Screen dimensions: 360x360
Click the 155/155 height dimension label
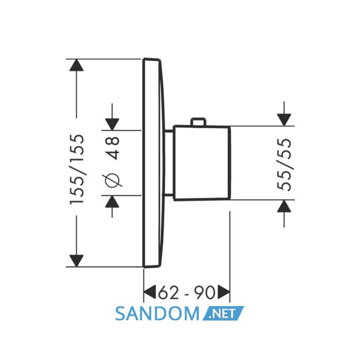(77, 170)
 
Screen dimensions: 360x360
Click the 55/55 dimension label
(284, 165)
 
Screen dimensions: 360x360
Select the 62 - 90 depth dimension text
(187, 292)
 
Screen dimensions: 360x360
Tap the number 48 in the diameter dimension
(113, 148)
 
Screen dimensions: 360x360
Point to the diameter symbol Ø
(113, 180)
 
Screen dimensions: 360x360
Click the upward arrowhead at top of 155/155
(76, 65)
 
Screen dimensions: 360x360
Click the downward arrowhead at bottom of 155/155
(76, 261)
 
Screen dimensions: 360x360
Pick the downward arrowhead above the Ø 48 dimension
(112, 124)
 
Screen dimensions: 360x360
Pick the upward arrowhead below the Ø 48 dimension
(112, 202)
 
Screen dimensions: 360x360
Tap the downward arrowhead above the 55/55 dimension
(284, 120)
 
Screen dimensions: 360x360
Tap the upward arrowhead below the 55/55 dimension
(284, 206)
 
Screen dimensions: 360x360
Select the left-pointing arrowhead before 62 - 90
(150, 292)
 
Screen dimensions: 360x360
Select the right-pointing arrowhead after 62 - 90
(223, 292)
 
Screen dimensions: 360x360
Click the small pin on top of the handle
(199, 122)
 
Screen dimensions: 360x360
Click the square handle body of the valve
(202, 163)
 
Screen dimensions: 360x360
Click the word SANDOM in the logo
(157, 314)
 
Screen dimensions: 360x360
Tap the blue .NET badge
(223, 313)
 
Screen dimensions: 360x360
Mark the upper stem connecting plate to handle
(169, 131)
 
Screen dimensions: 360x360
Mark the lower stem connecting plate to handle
(169, 195)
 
